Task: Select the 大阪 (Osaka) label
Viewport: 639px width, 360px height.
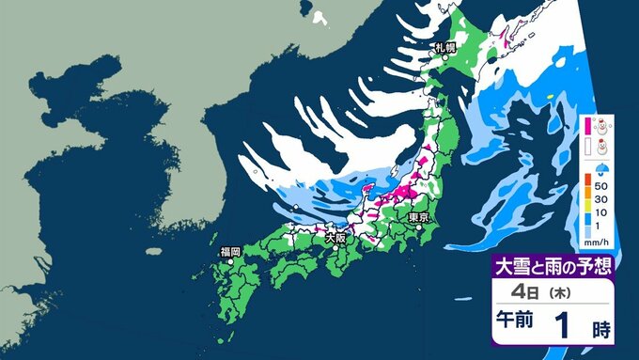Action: point(335,239)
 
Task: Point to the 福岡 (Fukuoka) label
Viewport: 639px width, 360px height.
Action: point(230,251)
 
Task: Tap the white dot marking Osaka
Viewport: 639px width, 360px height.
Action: point(327,228)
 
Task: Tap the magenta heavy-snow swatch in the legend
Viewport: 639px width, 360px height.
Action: point(585,124)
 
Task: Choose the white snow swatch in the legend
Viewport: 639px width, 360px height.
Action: point(585,146)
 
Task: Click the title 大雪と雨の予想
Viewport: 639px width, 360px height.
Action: point(554,264)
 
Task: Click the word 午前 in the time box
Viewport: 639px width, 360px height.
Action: point(516,321)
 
